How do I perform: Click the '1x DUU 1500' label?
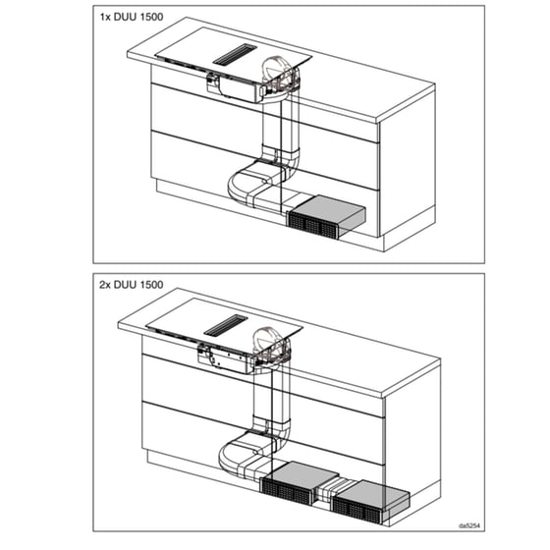[132, 17]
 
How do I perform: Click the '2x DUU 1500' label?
[132, 285]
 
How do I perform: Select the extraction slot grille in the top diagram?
[235, 55]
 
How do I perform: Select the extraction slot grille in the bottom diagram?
[226, 325]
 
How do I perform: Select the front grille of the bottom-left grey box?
[287, 492]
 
